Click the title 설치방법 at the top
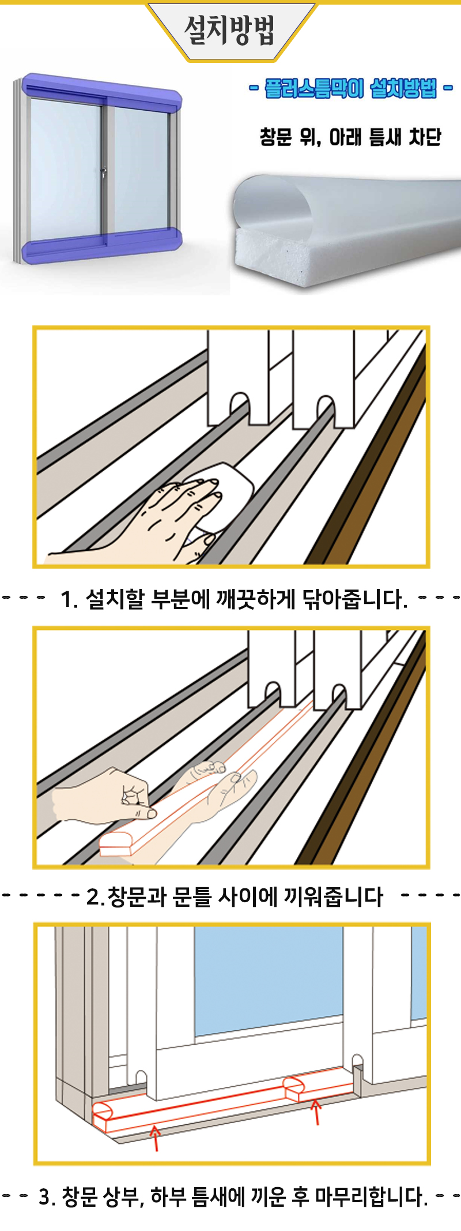pos(229,31)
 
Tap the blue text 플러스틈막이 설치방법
pos(351,88)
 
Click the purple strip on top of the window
pos(101,92)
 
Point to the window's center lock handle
pos(104,172)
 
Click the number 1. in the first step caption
pos(69,600)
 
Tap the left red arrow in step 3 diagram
pos(155,1137)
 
